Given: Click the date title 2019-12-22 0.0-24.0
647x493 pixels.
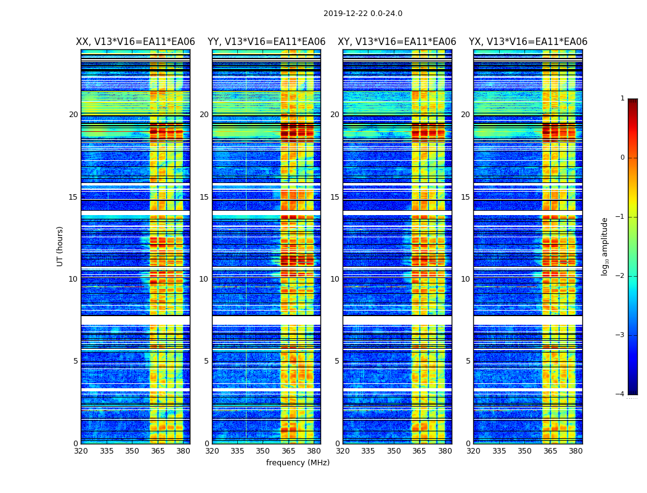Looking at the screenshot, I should [362, 14].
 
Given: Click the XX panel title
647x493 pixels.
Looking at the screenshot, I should [135, 42].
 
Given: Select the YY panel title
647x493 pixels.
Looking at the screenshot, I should [266, 42].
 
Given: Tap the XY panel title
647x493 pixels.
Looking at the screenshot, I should [397, 42].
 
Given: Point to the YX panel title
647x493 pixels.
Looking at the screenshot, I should [528, 42].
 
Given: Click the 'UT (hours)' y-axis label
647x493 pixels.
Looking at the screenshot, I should [60, 246].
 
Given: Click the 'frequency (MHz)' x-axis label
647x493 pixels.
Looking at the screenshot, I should [298, 463].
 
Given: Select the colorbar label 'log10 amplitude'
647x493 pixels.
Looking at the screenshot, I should [605, 246].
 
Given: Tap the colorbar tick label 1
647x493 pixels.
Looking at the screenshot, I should [622, 99].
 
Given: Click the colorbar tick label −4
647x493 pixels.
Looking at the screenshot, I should [621, 394].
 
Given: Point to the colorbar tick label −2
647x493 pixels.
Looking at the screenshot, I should [621, 276].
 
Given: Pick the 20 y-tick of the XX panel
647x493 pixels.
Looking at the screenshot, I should [73, 115].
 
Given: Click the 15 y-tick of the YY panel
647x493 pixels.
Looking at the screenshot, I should [204, 197].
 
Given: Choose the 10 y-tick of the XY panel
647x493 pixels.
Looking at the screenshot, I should [335, 279].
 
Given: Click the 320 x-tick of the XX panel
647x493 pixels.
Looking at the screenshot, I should [81, 451].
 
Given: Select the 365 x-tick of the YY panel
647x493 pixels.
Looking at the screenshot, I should [288, 451].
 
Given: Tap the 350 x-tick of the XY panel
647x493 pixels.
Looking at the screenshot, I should [394, 451].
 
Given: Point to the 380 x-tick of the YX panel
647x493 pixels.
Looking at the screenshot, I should [576, 451].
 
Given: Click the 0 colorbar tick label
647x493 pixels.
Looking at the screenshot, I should [622, 158].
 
